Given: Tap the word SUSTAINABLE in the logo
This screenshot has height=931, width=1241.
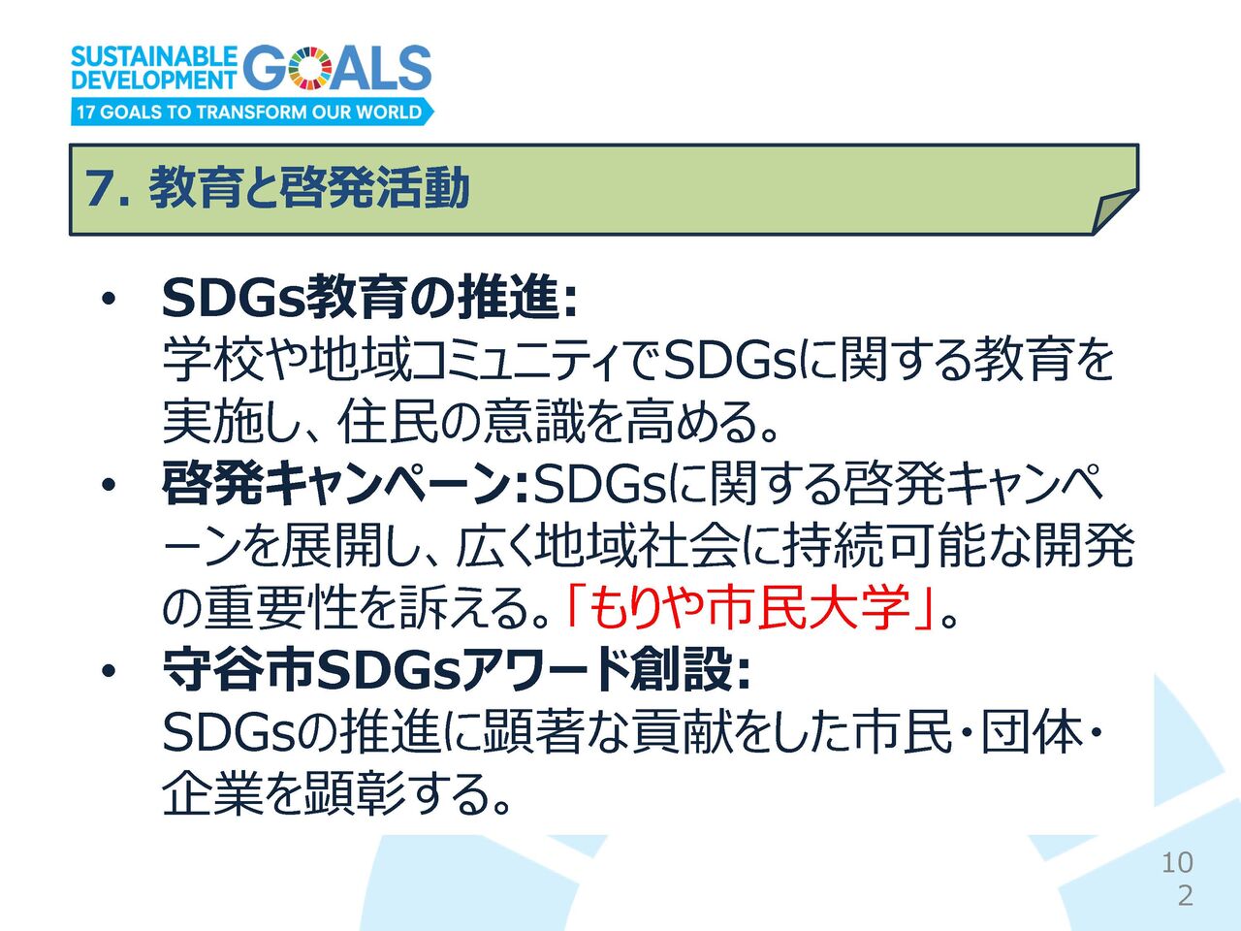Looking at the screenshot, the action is point(154,56).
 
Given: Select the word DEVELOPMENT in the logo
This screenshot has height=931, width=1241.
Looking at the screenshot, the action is point(153,80).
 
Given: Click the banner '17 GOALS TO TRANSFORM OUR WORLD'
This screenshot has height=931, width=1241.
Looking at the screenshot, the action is point(252,112).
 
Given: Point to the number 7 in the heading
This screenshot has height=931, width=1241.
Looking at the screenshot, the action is point(99,188).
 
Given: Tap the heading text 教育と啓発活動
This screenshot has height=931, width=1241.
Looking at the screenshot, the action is point(308,187).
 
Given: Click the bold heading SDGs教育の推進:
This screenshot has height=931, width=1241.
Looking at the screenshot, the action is point(369,298).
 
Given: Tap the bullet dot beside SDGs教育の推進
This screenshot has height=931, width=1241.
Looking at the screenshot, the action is point(108,301).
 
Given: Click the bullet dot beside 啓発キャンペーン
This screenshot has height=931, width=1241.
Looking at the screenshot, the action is point(108,486).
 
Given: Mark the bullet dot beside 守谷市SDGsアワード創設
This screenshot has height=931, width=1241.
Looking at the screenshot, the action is point(108,671).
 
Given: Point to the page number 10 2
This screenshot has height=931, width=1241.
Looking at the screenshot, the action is point(1178,879).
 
